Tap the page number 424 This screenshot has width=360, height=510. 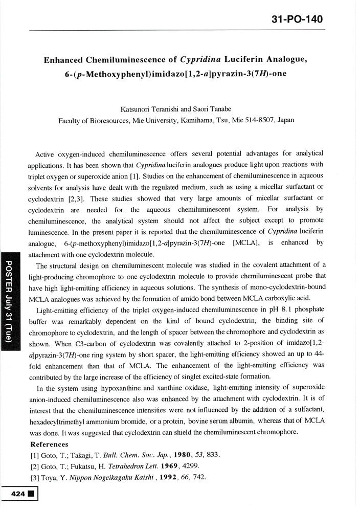[14, 496]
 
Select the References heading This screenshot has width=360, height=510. [50, 444]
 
